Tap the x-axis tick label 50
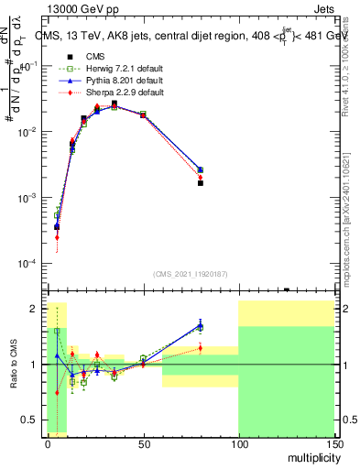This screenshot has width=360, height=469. [143, 443]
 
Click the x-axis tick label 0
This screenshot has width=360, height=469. [48, 443]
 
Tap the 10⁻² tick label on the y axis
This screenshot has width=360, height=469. [28, 132]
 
